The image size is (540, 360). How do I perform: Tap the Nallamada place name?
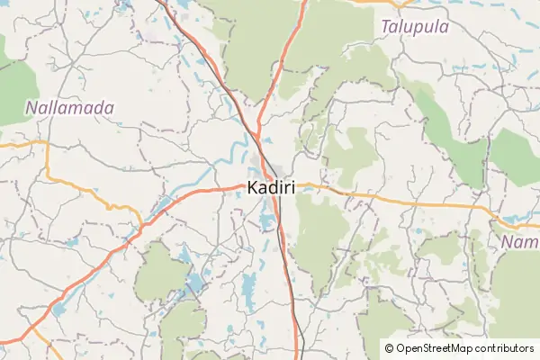[x=69, y=108]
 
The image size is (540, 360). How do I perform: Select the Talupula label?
[x=415, y=27]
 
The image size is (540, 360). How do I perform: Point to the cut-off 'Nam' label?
[x=520, y=243]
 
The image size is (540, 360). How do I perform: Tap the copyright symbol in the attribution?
[x=390, y=347]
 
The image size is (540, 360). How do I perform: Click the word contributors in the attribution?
[x=507, y=347]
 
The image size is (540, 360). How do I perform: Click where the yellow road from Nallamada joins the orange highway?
[x=142, y=223]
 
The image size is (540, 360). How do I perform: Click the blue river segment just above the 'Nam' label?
[x=517, y=219]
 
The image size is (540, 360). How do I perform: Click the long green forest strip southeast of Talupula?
[x=450, y=126]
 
